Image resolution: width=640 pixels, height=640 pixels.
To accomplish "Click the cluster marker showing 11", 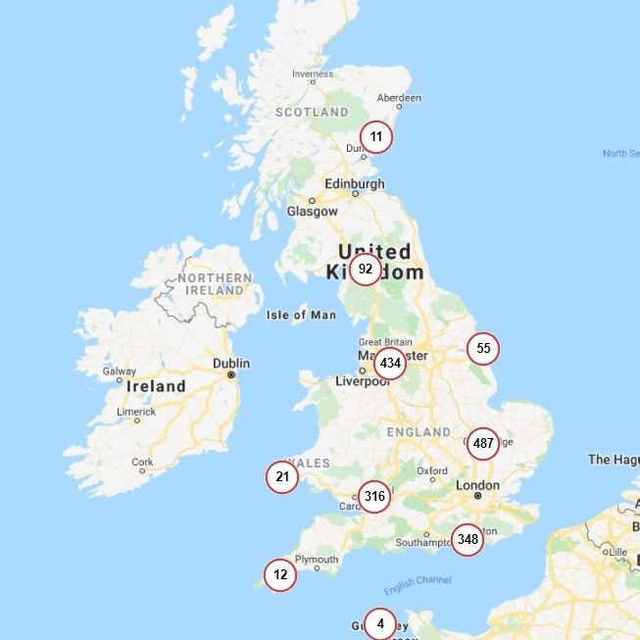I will (x=376, y=137).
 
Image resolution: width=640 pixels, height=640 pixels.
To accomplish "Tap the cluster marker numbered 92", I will (x=366, y=269).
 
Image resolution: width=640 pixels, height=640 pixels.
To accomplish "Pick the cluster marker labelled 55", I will (x=483, y=349).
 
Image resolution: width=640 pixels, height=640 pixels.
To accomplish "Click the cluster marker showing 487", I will (x=483, y=444).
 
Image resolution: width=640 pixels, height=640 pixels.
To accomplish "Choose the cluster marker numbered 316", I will (x=374, y=497).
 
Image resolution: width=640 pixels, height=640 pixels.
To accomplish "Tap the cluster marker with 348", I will (x=468, y=539).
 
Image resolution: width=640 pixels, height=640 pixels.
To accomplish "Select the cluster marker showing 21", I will (x=282, y=477).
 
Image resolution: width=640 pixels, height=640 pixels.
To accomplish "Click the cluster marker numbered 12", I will (x=280, y=574).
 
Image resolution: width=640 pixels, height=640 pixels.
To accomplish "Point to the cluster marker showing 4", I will (x=380, y=623).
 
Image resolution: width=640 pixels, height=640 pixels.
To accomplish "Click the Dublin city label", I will (x=231, y=364).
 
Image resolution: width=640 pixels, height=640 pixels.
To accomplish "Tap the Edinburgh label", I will (x=355, y=183).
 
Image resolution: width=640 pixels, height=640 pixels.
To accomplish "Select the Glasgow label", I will (x=312, y=211).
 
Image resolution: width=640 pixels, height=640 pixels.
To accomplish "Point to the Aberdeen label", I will (x=400, y=98).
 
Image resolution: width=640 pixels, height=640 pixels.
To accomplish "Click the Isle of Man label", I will (x=301, y=315).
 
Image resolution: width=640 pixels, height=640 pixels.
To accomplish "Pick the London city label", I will (x=478, y=484).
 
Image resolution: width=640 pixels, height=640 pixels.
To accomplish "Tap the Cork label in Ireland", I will (x=142, y=462).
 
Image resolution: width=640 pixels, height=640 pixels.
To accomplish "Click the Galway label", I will (x=120, y=371).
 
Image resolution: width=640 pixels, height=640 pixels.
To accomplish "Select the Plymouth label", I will (x=319, y=560).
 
